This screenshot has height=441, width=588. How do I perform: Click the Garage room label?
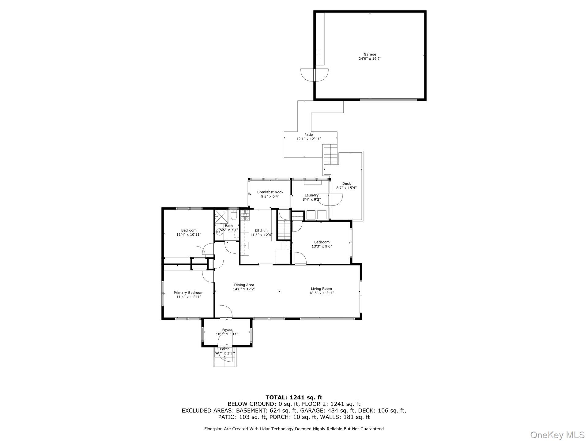pos(370,55)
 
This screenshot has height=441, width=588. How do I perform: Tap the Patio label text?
pos(308,135)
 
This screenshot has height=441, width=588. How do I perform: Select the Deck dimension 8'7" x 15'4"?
pos(346,188)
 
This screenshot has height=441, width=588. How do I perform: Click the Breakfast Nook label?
pos(270,192)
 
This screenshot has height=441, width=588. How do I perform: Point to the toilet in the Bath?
pos(233,216)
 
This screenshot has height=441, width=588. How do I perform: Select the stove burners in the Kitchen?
pos(245,215)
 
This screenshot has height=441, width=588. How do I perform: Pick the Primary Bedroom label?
pos(188,293)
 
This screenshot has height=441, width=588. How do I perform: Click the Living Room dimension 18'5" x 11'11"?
pos(321,293)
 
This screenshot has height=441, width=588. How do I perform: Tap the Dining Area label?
pos(244,285)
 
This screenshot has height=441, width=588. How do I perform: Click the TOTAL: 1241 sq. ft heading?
pos(294,398)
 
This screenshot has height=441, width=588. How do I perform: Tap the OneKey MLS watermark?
pos(557,435)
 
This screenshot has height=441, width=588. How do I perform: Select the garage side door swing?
pos(315,74)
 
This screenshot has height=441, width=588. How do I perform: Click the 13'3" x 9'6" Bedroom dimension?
pos(322,246)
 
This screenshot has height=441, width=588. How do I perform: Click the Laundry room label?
pos(311,195)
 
